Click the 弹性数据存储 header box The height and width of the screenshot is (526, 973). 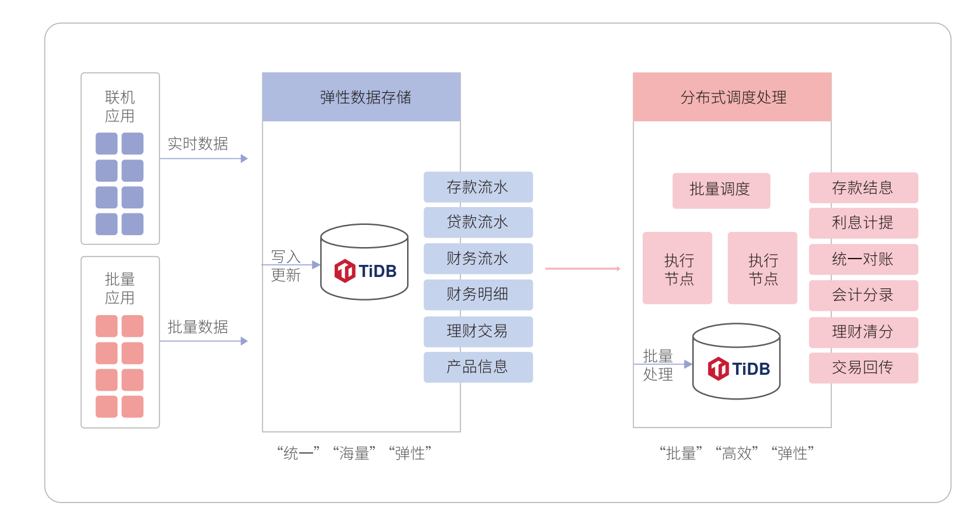pos(361,97)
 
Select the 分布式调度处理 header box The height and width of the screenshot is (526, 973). pos(732,97)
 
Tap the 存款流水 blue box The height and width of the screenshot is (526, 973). pos(478,187)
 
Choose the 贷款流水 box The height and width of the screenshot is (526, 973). pos(478,222)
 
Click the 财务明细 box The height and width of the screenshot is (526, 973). pos(478,294)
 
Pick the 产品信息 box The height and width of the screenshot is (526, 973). pos(478,367)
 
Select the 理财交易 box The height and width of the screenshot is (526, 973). pos(478,331)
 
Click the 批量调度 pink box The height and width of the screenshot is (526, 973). pos(721,190)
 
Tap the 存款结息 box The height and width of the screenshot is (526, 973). pos(863,187)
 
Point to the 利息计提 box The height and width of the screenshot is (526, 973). pos(863,223)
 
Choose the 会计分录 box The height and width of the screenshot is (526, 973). pos(863,295)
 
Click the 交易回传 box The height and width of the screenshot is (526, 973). pos(863,368)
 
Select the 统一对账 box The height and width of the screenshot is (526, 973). pos(863,259)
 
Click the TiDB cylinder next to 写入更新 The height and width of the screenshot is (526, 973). pos(364,262)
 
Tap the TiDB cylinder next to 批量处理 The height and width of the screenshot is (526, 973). pos(736,361)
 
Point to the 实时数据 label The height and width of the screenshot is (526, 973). pos(198,144)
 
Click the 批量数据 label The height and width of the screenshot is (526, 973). pos(198,327)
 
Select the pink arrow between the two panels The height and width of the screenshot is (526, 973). pos(582,269)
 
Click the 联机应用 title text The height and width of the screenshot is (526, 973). pos(120,106)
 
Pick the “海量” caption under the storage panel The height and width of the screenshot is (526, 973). pos(354,453)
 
